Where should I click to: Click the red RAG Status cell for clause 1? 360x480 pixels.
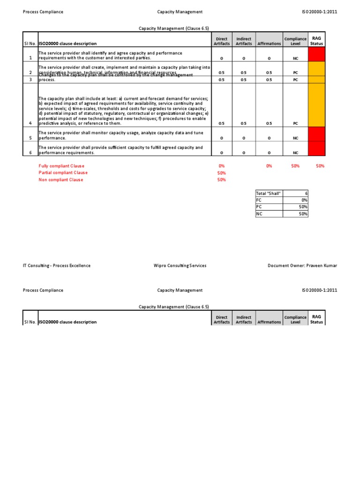(x=316, y=54)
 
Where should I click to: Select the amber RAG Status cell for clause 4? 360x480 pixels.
(x=316, y=105)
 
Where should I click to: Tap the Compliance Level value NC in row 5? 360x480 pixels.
(x=295, y=138)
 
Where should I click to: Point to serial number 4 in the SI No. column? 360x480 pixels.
(x=30, y=123)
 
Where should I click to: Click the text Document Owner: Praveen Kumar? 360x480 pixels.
(x=302, y=265)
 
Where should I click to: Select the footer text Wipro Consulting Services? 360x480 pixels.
(x=180, y=265)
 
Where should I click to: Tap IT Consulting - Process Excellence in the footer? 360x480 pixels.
(x=57, y=265)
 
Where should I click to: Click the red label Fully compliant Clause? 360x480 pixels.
(x=61, y=166)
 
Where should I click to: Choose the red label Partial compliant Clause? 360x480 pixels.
(x=63, y=172)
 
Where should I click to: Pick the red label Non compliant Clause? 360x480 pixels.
(x=60, y=180)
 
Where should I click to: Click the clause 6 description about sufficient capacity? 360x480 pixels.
(x=120, y=150)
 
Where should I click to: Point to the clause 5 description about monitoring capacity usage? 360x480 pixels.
(x=120, y=135)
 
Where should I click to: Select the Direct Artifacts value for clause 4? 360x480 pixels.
(x=222, y=123)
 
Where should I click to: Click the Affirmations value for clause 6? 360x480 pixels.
(x=269, y=152)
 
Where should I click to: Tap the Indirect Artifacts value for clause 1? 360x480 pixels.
(x=244, y=59)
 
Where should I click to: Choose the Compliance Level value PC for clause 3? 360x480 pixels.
(x=295, y=80)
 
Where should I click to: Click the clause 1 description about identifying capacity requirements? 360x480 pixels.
(x=110, y=56)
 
